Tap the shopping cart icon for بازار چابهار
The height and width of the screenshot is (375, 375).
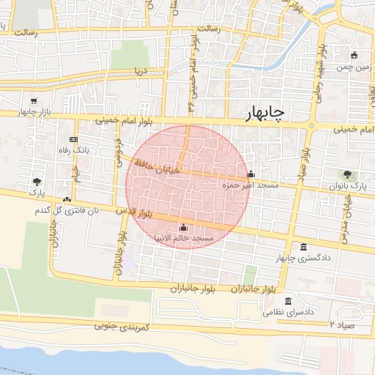34,101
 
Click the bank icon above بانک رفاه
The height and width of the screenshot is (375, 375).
73,139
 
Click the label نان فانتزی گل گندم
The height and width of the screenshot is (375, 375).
62,211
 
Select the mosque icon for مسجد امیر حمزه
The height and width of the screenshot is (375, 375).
251,174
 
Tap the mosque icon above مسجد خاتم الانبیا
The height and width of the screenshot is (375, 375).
182,227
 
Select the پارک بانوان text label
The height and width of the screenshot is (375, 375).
348,186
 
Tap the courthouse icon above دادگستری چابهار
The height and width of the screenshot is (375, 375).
304,247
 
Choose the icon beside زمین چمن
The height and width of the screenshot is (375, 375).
354,55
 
